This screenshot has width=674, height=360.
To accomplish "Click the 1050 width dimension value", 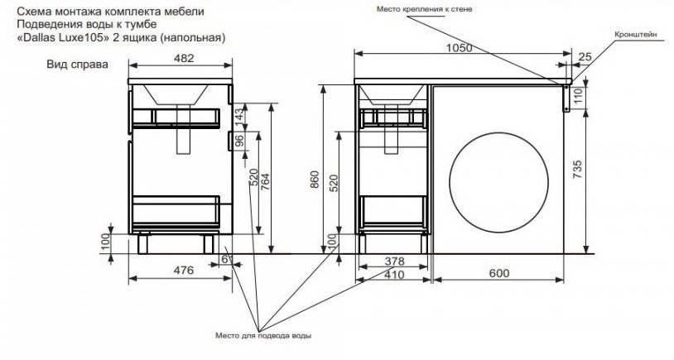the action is [459, 48].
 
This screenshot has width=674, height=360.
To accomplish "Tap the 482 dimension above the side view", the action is [185, 58].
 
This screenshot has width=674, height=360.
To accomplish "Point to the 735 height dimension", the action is [577, 170].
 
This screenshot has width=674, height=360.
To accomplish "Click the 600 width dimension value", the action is [498, 273].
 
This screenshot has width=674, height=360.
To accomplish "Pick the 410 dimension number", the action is [394, 274].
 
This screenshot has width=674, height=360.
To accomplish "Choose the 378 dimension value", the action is [394, 262].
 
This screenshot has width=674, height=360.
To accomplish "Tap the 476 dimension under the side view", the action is [184, 271].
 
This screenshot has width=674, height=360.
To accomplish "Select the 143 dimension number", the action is [239, 113].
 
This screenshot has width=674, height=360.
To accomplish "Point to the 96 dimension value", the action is [239, 141].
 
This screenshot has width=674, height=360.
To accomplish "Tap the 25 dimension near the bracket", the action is [585, 56].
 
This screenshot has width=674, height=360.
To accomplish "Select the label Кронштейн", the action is [636, 35].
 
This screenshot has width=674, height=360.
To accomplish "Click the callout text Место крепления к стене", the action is [424, 8].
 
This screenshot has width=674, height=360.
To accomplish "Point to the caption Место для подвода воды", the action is [263, 335].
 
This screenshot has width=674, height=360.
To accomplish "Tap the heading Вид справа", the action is [77, 65].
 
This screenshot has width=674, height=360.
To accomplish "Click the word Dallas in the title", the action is [37, 37].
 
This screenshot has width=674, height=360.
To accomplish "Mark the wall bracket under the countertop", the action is [566, 98].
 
